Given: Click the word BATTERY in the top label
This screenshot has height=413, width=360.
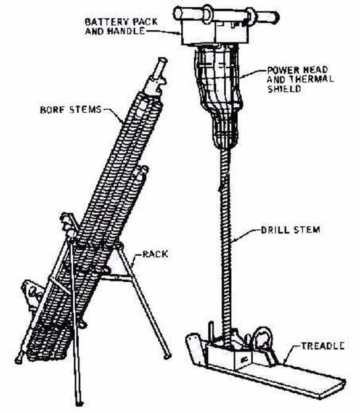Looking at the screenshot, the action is [107, 22].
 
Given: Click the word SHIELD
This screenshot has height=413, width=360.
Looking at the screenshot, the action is [284, 89].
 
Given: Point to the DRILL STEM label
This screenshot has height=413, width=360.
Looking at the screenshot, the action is [290, 230].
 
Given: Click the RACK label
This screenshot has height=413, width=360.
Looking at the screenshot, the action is [155, 254].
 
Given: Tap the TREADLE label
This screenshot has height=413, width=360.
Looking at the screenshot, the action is [322, 346].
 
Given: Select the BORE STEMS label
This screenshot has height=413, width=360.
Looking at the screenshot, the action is [71, 110].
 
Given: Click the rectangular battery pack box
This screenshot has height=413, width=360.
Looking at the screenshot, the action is [215, 32].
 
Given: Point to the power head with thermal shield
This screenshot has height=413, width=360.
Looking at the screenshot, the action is [218, 95].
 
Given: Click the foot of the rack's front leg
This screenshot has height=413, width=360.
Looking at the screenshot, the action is [79, 403].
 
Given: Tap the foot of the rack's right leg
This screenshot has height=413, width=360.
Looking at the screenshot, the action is [167, 357].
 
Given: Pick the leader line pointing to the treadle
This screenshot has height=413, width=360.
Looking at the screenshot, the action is [292, 354].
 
